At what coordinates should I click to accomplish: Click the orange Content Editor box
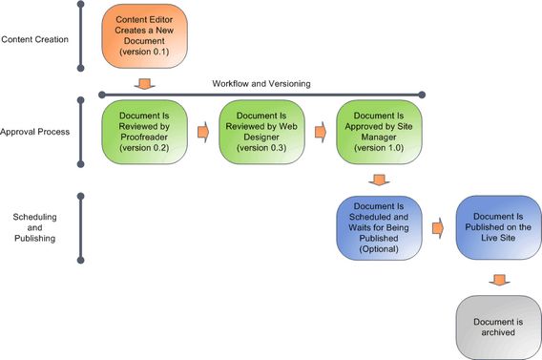(144, 37)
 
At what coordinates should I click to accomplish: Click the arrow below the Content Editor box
(144, 82)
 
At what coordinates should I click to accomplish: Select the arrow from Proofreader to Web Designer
(203, 131)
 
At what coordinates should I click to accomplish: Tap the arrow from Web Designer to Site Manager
(322, 131)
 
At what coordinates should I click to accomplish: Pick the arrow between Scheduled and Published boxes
(437, 227)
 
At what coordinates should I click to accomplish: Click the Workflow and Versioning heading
(261, 83)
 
